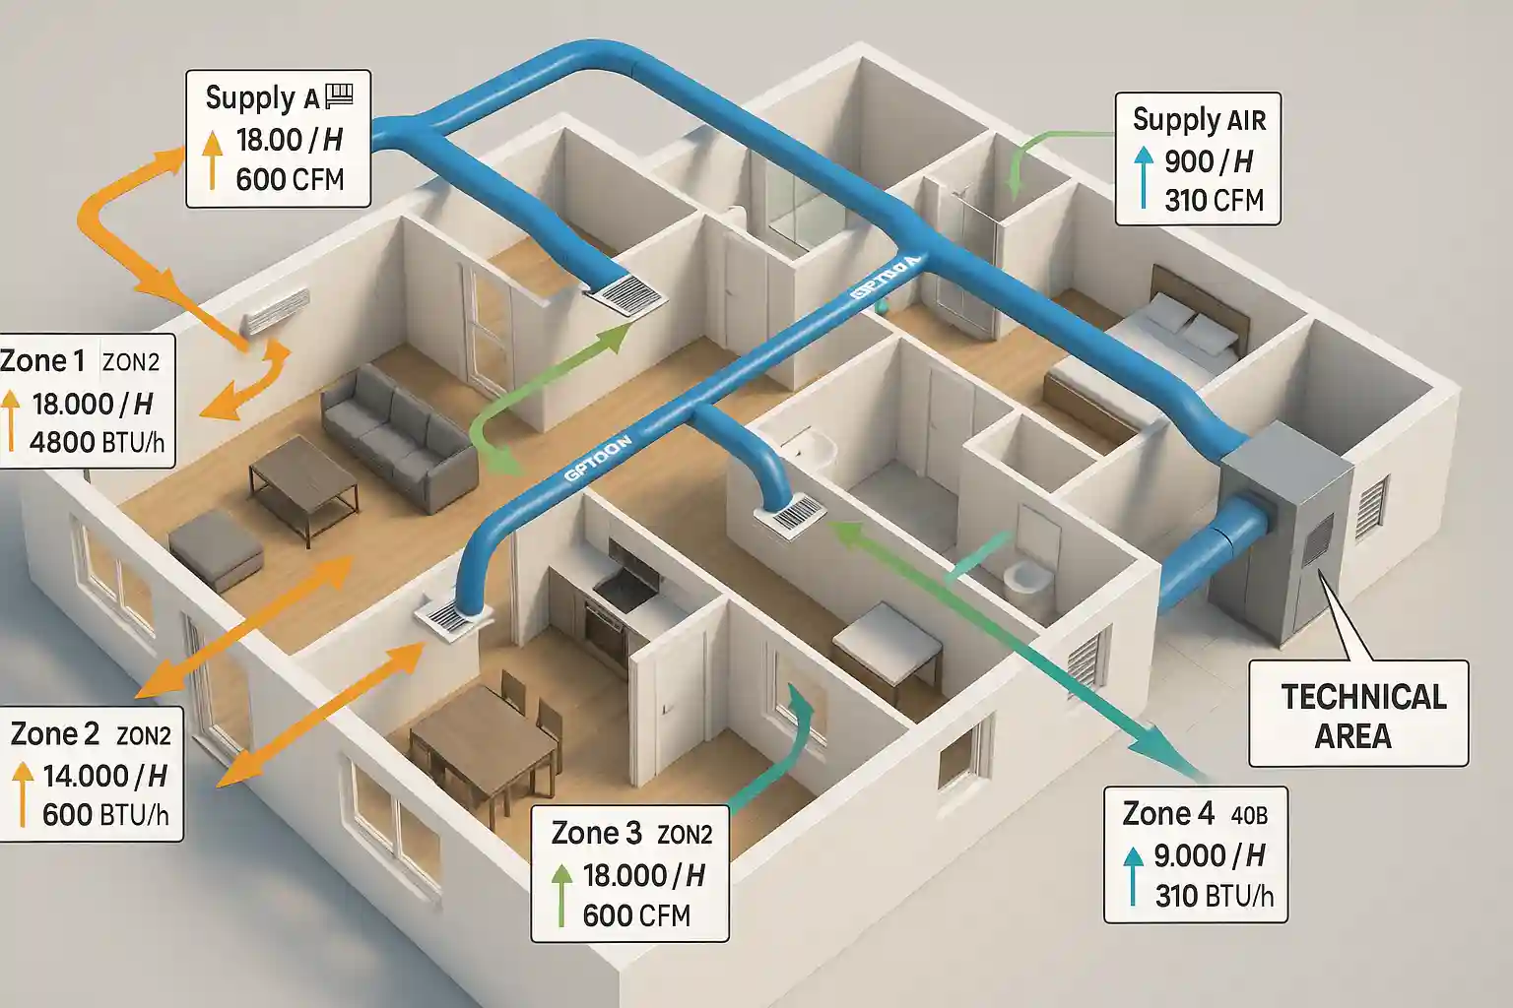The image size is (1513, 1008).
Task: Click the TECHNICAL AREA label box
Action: (1357, 715)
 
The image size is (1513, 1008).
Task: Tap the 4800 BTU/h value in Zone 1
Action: (97, 442)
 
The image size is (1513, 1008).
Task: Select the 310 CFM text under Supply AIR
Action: (1214, 201)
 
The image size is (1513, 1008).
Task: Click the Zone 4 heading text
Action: (1168, 814)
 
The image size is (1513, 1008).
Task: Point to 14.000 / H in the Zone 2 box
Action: (104, 776)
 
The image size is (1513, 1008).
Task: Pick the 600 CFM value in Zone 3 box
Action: (636, 915)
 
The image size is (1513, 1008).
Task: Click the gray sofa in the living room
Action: (399, 434)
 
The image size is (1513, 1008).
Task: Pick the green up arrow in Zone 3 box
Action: (560, 894)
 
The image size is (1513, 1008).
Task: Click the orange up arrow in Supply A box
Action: (212, 159)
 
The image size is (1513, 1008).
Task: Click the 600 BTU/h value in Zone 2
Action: (105, 815)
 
